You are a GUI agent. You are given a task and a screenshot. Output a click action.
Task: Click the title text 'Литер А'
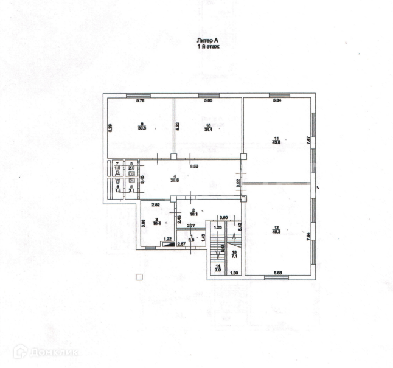coord(206,40)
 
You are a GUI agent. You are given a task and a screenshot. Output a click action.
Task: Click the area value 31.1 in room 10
coord(207,128)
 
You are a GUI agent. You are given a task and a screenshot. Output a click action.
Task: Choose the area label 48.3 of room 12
coord(276,231)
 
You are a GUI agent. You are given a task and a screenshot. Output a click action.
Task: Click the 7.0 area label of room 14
coord(218,269)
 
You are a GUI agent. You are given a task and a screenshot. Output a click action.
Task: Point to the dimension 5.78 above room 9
coord(139,100)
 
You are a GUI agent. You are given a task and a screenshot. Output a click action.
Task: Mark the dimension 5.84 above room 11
coord(277,100)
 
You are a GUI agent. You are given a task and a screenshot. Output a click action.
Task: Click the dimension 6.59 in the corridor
coord(194,166)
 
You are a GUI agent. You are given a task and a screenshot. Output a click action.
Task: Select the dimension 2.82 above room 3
coord(155,205)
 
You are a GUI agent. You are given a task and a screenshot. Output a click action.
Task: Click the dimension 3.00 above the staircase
coord(223,217)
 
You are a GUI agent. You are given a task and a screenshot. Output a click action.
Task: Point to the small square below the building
coord(139,277)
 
